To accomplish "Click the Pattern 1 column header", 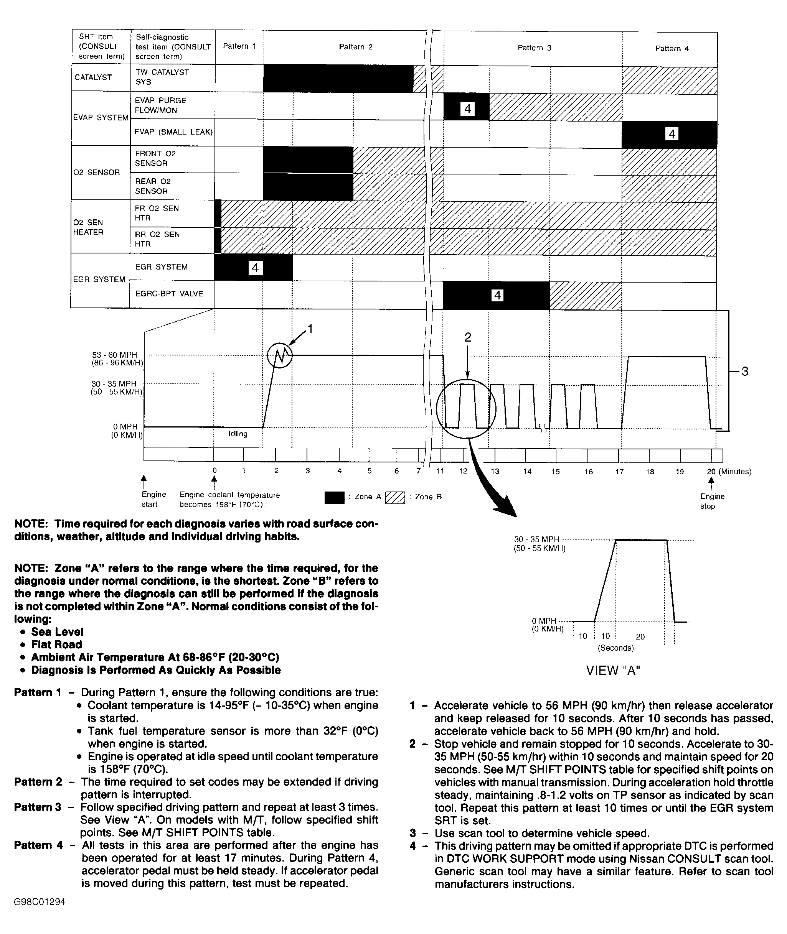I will [239, 46].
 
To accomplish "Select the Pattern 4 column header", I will [672, 49].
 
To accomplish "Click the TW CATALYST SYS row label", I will [162, 77].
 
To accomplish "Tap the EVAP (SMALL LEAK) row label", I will [173, 132].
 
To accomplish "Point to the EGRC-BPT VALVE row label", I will [169, 294].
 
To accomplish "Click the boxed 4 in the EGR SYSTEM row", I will [255, 268].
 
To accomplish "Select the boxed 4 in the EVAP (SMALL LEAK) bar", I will [672, 134].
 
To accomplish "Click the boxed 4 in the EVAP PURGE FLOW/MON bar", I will [468, 109].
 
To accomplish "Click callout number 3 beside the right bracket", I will [745, 372].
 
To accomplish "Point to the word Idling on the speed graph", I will [238, 434].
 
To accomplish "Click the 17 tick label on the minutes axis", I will [619, 472].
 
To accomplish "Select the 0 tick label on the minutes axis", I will [214, 471].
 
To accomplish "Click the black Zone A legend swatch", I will [335, 498].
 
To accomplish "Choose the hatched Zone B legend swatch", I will [395, 498].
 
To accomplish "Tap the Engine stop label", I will [712, 501].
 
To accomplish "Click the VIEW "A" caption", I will [613, 671].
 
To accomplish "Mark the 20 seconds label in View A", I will [640, 636].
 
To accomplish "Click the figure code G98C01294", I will [40, 902].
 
